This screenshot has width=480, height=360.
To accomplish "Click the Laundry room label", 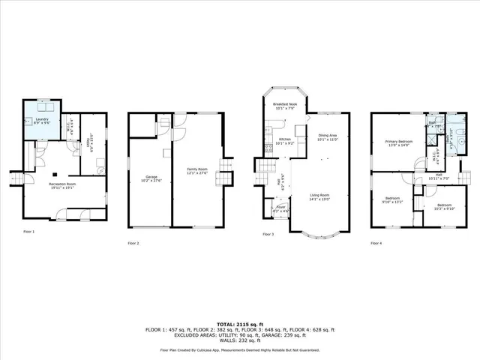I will click(x=43, y=119).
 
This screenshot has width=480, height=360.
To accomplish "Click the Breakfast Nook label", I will click(x=285, y=105).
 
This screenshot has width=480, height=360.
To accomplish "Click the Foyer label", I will click(x=280, y=209).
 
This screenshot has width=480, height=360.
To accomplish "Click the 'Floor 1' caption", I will click(x=28, y=232).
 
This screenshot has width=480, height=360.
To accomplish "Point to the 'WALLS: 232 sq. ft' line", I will click(x=239, y=340).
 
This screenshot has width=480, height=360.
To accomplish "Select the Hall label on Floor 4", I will click(x=437, y=176).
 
